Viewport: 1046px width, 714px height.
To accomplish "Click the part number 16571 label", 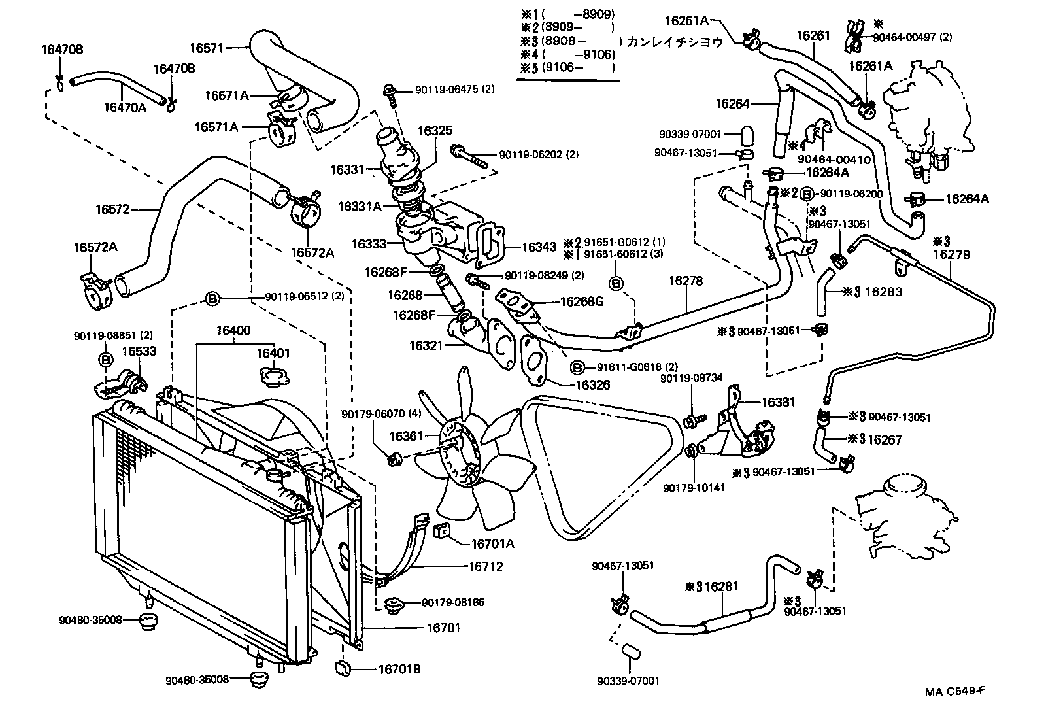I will pos(207,48).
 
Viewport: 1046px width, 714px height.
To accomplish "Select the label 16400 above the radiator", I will pos(233,331).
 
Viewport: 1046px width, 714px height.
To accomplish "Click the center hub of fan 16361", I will pos(456,451).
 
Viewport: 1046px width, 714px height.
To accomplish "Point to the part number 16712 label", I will pos(485,566).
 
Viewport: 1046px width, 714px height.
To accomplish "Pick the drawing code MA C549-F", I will pos(954,692).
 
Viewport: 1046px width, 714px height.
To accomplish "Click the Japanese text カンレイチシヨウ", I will pos(675,42).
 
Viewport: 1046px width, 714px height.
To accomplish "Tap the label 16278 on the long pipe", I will pos(686,281).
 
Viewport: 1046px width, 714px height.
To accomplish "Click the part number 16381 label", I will pos(778,401).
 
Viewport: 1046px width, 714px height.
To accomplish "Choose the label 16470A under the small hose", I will pos(124,107).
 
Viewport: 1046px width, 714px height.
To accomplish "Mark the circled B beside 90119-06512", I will pos(212,299).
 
